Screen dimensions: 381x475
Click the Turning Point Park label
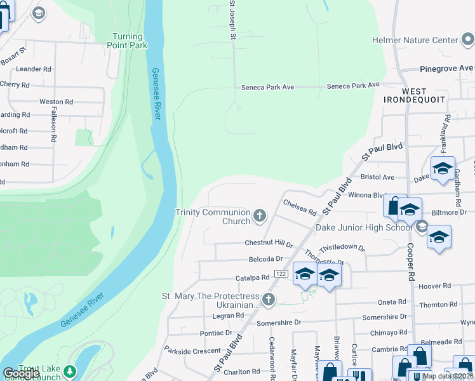[x=130, y=41]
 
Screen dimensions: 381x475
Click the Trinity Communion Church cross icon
[x=259, y=217]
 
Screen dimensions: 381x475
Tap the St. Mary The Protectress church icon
[x=269, y=300]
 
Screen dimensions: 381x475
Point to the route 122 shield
[x=281, y=273]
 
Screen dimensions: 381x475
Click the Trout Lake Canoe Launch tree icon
[x=70, y=371]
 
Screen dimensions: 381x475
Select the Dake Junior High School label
[x=365, y=227]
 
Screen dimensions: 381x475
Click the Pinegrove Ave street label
[x=446, y=68]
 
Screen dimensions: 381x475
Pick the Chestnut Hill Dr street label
[x=269, y=243]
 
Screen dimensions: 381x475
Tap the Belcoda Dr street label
[x=265, y=259]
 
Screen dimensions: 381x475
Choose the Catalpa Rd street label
[x=253, y=277]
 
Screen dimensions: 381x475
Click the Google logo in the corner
[x=21, y=373]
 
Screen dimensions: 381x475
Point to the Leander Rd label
[x=34, y=69]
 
